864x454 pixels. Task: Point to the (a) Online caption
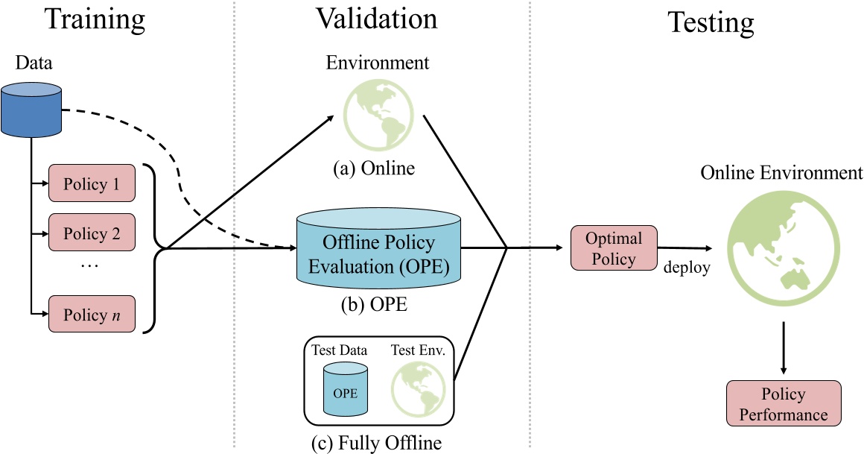click(x=373, y=169)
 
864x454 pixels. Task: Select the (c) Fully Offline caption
click(x=377, y=443)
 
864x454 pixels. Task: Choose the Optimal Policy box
click(x=614, y=249)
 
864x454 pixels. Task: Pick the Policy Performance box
click(x=783, y=403)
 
